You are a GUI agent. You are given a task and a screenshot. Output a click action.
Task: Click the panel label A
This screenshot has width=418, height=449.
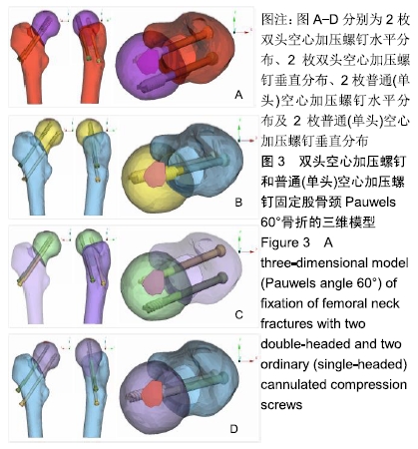coord(238,95)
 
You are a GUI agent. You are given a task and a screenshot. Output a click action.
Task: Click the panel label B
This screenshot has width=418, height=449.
coord(238,203)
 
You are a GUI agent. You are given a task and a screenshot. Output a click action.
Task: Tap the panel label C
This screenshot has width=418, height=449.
coord(238,314)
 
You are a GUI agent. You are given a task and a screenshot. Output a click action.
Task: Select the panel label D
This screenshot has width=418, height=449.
coord(233,429)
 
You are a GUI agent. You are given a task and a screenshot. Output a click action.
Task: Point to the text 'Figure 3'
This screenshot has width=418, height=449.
coord(285,242)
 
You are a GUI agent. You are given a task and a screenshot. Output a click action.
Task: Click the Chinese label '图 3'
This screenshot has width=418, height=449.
coord(273,162)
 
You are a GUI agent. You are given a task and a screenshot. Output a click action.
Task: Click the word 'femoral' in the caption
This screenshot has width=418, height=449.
coord(333,303)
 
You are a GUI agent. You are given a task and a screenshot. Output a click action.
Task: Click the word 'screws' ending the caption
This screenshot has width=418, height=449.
coord(281,405)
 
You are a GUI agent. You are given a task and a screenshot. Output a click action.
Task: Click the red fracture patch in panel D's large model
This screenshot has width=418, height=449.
coord(153,394)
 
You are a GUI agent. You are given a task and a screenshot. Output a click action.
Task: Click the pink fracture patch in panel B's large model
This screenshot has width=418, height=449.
coord(155,175)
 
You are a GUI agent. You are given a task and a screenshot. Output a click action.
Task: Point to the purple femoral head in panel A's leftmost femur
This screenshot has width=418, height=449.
coord(46,25)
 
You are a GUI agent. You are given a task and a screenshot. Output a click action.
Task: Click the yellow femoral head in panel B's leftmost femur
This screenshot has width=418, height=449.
coord(49,133)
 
